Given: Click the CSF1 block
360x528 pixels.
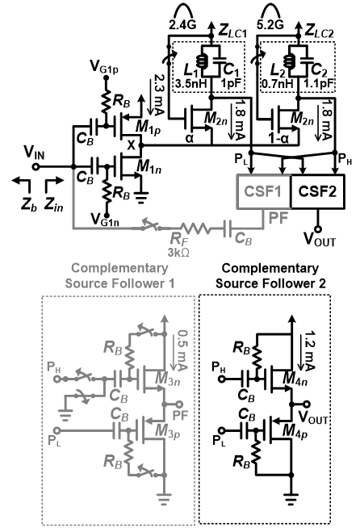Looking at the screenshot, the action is coord(264,191).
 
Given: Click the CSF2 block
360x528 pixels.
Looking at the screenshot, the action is coord(317,191).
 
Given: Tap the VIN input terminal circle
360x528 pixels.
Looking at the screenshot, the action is coord(36,166).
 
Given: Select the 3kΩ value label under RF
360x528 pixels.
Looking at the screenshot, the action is coord(178,252).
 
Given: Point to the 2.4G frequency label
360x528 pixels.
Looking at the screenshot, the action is coord(182,24).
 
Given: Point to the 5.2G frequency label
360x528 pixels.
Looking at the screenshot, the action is coord(270,24).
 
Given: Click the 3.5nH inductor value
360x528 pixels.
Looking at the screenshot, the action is coord(191,83).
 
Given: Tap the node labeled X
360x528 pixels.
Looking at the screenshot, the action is coord(131,145).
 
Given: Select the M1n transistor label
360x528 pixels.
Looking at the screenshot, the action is coord(149,166).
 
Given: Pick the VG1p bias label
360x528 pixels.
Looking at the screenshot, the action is coord(104,66).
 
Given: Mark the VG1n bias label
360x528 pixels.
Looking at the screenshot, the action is coord(105,220).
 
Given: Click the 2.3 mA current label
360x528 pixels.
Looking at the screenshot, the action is coord(158,94).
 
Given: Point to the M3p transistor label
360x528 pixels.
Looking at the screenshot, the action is coord(167,430).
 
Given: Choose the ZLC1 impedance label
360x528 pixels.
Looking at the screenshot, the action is coord(232,31).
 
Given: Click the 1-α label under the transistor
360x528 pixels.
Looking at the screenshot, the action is coord(279,138).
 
